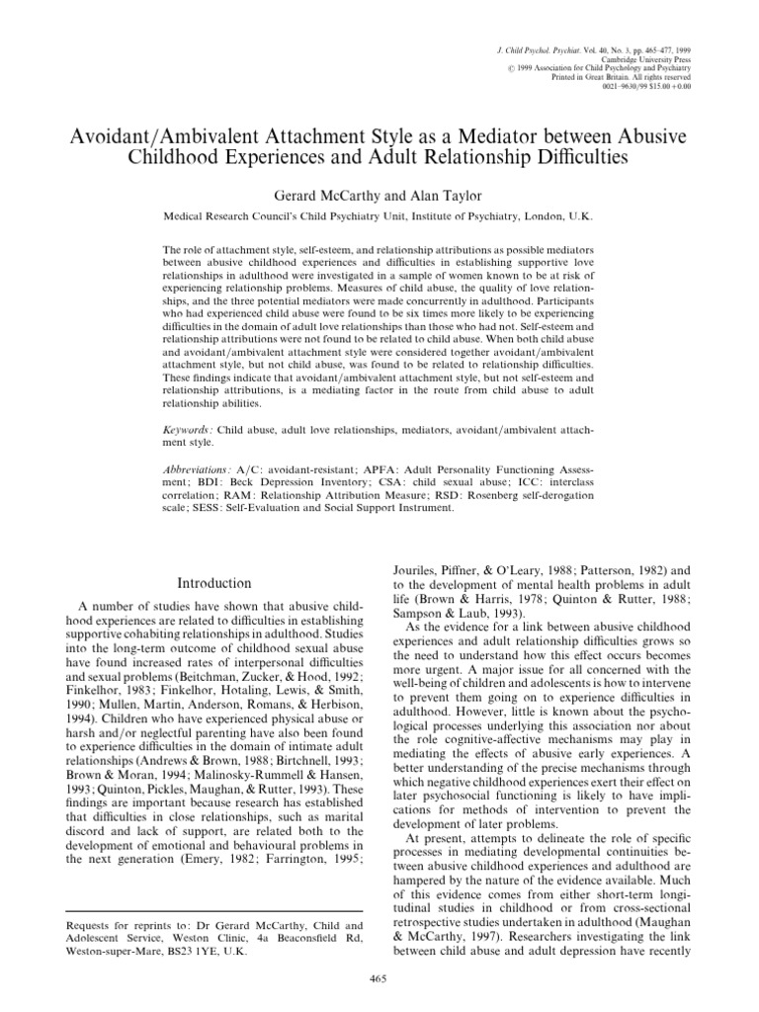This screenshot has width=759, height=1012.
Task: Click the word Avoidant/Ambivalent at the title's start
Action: pos(157,131)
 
